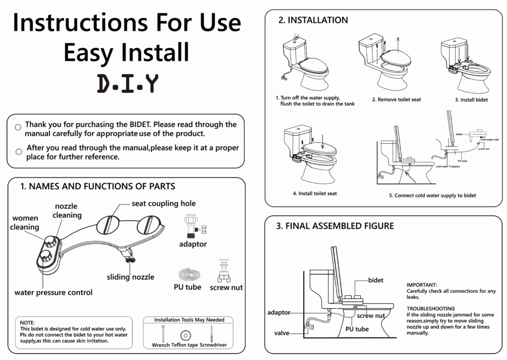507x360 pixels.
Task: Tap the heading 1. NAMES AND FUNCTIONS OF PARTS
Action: (98, 186)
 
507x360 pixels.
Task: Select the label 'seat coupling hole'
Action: (163, 204)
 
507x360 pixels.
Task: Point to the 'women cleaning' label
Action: (25, 222)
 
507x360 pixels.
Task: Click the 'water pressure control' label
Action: (53, 293)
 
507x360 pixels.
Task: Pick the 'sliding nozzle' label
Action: (130, 277)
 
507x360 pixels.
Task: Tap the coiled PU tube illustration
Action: (187, 274)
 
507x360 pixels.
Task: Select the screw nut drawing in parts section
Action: (225, 271)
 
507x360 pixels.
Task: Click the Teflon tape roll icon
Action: (185, 335)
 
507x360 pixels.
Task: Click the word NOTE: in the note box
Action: (28, 323)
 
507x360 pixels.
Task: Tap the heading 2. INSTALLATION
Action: (313, 20)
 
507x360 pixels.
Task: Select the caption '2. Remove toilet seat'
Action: (397, 100)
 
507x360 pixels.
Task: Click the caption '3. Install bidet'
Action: (472, 100)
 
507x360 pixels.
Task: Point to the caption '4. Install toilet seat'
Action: (315, 194)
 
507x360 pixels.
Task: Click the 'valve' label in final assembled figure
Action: (282, 333)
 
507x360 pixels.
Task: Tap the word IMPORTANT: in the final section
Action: (422, 285)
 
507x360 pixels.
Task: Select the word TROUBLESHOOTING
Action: (431, 309)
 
